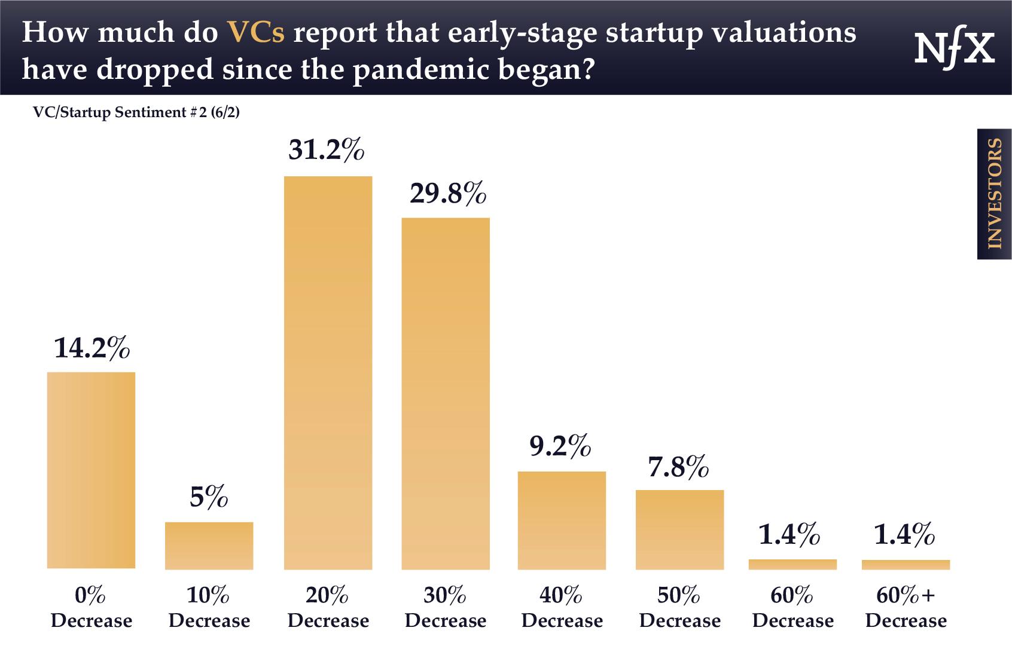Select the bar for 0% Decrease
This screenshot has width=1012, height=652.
coord(91,470)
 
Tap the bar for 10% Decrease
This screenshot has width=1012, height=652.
coord(209,545)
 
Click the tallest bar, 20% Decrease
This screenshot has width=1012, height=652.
coord(328,372)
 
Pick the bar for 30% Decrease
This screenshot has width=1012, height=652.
coord(446,393)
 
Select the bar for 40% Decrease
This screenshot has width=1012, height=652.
coord(562,520)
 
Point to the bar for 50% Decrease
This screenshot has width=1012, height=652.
coord(679,529)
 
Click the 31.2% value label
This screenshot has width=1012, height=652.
coord(327,151)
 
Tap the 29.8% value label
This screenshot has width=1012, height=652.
coord(447,193)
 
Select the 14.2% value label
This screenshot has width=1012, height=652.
coord(92,348)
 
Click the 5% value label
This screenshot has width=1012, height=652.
coord(209,497)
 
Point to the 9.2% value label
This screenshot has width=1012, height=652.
coord(561,446)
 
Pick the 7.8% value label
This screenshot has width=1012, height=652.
coord(678,466)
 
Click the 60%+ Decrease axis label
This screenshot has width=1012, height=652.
coord(906,608)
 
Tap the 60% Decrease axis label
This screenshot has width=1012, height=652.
coord(792,608)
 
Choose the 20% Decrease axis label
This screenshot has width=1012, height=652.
coord(328,608)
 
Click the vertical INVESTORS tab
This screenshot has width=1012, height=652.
coord(994,194)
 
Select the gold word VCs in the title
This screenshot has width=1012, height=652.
coord(255,33)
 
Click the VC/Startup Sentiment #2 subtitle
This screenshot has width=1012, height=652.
coord(137,112)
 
